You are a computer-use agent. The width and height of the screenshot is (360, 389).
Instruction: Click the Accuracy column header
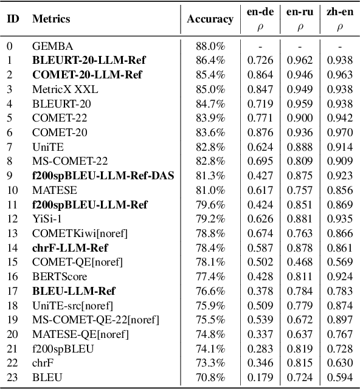pos(210,19)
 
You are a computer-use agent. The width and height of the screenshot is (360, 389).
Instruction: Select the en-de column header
pos(260,13)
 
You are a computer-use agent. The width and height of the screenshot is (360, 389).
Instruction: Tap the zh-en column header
pos(339,13)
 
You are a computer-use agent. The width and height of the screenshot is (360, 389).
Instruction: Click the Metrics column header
pos(50,19)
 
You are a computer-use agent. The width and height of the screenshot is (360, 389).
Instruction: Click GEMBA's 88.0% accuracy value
pos(210,46)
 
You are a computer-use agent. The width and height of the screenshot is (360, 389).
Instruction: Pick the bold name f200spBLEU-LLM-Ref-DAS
pos(103,176)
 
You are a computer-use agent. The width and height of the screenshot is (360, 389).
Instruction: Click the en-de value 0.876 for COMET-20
pos(260,133)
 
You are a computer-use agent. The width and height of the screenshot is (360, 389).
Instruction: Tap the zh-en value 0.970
pos(339,133)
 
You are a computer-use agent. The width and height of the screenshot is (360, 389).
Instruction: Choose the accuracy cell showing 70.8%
pos(210,377)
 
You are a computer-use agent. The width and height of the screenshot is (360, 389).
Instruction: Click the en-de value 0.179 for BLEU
pos(260,377)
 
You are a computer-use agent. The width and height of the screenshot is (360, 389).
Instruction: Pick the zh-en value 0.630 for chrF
pos(339,363)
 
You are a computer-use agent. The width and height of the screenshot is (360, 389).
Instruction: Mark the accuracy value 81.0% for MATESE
pos(210,190)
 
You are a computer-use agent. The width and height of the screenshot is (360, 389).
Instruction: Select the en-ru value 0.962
pos(300,60)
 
